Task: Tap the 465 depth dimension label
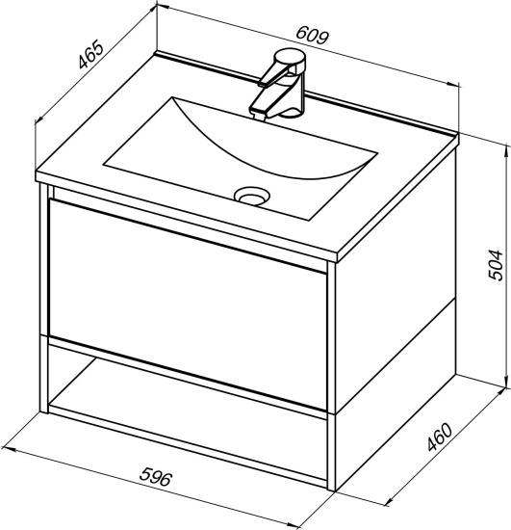[89, 54]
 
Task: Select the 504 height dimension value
[496, 265]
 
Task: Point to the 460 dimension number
[440, 437]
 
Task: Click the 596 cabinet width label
[156, 477]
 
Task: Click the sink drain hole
[252, 196]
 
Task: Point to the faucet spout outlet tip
[260, 116]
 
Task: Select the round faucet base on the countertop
[292, 112]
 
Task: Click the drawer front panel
[188, 305]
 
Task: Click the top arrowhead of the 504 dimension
[506, 149]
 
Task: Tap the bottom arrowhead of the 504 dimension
[506, 384]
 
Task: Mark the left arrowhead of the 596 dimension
[8, 449]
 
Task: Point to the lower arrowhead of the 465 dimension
[38, 119]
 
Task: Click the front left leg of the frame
[44, 298]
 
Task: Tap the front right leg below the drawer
[331, 451]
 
